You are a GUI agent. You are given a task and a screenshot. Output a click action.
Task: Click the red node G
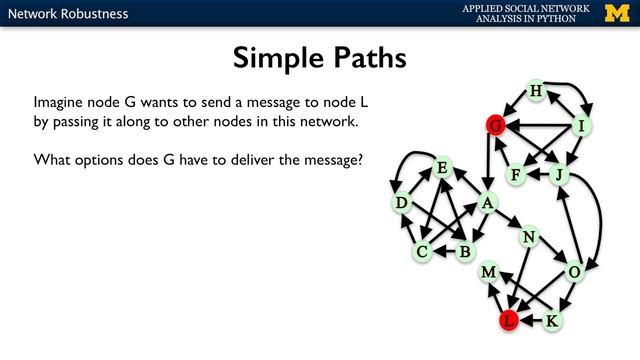pyautogui.click(x=494, y=125)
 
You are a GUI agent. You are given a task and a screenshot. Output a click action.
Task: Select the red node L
pyautogui.click(x=509, y=321)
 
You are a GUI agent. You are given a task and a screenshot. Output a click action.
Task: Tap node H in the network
pyautogui.click(x=535, y=92)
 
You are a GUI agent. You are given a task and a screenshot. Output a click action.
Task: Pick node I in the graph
pyautogui.click(x=580, y=126)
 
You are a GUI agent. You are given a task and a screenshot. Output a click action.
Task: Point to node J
pyautogui.click(x=560, y=175)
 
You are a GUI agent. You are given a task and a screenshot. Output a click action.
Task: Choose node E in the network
pyautogui.click(x=441, y=168)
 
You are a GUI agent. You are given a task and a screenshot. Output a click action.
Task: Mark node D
pyautogui.click(x=402, y=204)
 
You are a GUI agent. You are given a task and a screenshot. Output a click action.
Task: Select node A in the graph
pyautogui.click(x=487, y=203)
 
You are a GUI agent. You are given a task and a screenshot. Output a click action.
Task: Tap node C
pyautogui.click(x=423, y=252)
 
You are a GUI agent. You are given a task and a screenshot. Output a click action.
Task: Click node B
pyautogui.click(x=464, y=252)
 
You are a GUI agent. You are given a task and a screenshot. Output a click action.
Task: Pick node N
pyautogui.click(x=529, y=237)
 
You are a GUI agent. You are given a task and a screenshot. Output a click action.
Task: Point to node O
pyautogui.click(x=574, y=272)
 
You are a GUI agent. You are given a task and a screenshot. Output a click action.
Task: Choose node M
pyautogui.click(x=489, y=272)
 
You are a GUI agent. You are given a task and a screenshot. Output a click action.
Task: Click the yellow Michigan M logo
pyautogui.click(x=620, y=13)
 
